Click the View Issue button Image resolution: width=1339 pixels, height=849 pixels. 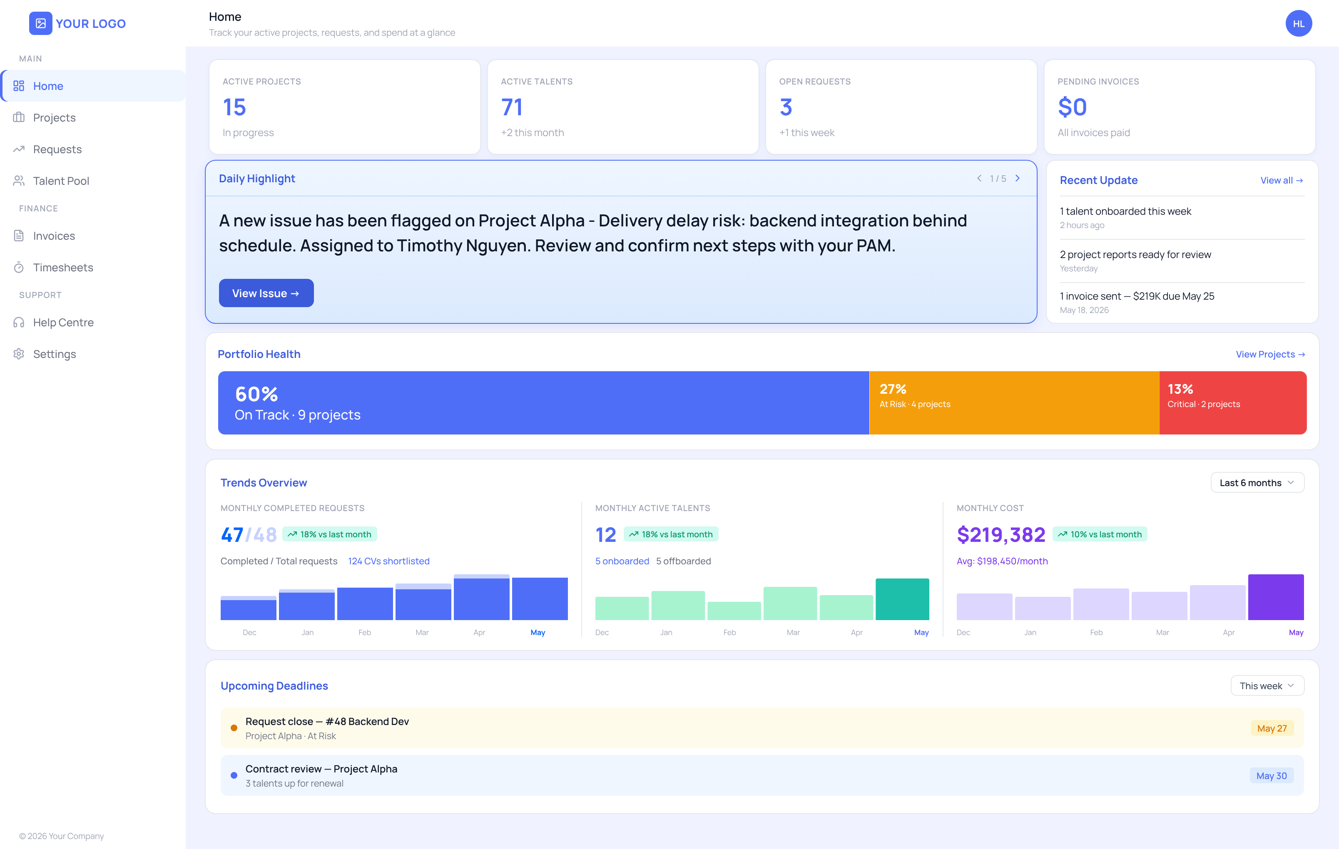click(266, 293)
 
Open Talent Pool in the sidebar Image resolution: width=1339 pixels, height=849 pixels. click(61, 181)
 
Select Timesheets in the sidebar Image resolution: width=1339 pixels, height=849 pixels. click(63, 268)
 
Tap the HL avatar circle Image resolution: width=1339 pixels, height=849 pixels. click(1299, 23)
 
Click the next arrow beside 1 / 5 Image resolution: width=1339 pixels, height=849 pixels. click(1018, 179)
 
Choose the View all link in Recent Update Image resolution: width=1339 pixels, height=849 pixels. click(1281, 180)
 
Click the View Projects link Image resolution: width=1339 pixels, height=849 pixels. click(1270, 354)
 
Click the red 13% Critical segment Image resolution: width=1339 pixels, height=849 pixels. click(1233, 402)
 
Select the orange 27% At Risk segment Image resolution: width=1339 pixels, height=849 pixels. click(1014, 402)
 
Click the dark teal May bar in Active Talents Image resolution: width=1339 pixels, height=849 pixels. click(902, 599)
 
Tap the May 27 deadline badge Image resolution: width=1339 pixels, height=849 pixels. click(1272, 728)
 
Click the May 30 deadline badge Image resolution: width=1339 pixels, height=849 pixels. click(1271, 776)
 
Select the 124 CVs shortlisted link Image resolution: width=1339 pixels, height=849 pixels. click(389, 561)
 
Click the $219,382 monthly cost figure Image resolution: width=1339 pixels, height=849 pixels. click(1001, 535)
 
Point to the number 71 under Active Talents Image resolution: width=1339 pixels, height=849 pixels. click(512, 107)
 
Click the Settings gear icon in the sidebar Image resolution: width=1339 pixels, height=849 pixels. click(19, 354)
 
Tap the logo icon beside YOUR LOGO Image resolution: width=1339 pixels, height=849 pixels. click(40, 23)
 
